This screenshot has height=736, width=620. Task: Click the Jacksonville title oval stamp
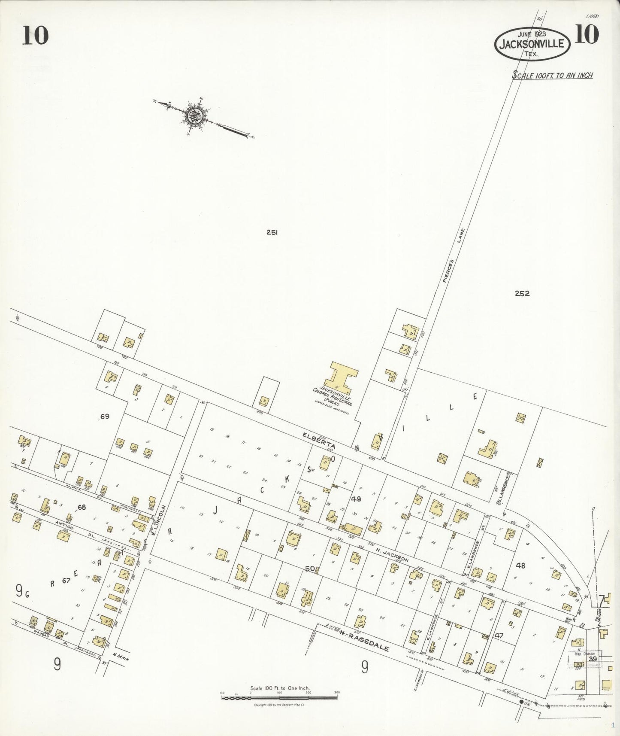tap(532, 44)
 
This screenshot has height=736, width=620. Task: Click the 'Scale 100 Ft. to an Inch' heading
tap(553, 75)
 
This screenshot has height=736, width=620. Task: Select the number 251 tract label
tap(272, 232)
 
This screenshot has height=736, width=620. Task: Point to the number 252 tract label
tap(522, 294)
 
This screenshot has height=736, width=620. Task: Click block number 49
tap(356, 499)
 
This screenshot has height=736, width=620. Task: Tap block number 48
tap(520, 566)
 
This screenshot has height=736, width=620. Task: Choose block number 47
tap(498, 635)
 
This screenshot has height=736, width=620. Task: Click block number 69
tap(105, 417)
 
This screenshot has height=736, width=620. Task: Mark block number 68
tap(82, 507)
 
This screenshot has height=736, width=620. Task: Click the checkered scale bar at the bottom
tap(279, 698)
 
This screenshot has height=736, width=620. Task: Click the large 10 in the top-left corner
tap(35, 35)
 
